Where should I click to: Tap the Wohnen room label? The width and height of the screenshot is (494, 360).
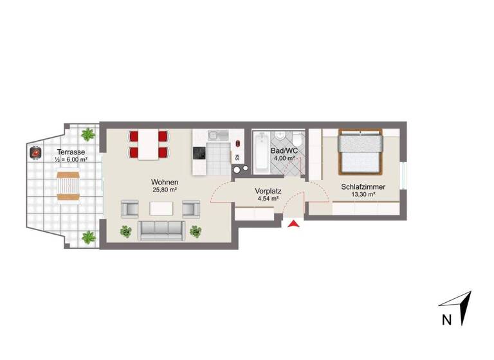pyautogui.click(x=165, y=182)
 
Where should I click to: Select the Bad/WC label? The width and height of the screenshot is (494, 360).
pyautogui.click(x=283, y=150)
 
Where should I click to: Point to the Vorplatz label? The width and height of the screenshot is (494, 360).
pyautogui.click(x=266, y=191)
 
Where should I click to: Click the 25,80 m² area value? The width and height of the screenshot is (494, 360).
pyautogui.click(x=165, y=190)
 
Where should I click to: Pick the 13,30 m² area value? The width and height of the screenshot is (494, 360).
pyautogui.click(x=363, y=195)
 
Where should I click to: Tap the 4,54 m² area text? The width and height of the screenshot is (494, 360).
pyautogui.click(x=266, y=199)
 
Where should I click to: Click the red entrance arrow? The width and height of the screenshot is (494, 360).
pyautogui.click(x=293, y=224)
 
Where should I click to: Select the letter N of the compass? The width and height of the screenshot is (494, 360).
pyautogui.click(x=446, y=319)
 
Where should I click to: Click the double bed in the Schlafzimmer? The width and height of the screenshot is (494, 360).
pyautogui.click(x=361, y=152)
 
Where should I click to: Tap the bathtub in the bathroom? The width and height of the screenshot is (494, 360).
pyautogui.click(x=261, y=152)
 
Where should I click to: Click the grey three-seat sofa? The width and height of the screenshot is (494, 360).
pyautogui.click(x=161, y=229)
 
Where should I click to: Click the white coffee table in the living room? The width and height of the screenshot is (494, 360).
pyautogui.click(x=161, y=209)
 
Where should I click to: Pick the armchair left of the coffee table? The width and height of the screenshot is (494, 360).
pyautogui.click(x=131, y=208)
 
